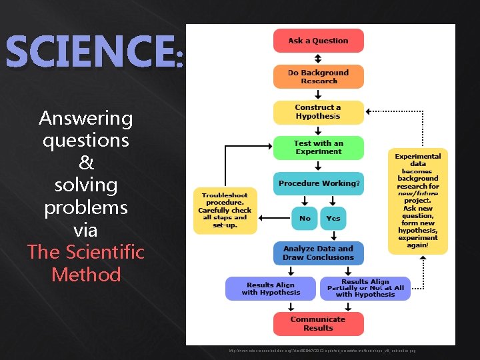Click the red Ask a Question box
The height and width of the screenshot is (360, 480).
(318, 41)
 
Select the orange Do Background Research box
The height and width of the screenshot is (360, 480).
(318, 77)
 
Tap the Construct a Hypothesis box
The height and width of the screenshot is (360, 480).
(318, 112)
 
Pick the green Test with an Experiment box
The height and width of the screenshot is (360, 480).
(318, 147)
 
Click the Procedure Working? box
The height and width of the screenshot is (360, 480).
(318, 183)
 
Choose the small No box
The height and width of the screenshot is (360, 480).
(305, 218)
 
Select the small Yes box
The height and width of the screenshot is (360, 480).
(333, 218)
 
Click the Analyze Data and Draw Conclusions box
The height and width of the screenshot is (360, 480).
(318, 253)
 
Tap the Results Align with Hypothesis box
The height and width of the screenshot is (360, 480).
(271, 289)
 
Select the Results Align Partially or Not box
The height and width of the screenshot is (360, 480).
(365, 289)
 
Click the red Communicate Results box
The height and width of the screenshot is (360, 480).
(318, 324)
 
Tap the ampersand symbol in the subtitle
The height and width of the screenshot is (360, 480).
(86, 163)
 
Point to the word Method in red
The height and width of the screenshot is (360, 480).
(86, 275)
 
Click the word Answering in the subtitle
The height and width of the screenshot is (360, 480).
(86, 119)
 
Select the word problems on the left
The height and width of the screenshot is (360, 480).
(86, 207)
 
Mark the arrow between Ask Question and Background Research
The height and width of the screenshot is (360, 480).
(318, 59)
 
